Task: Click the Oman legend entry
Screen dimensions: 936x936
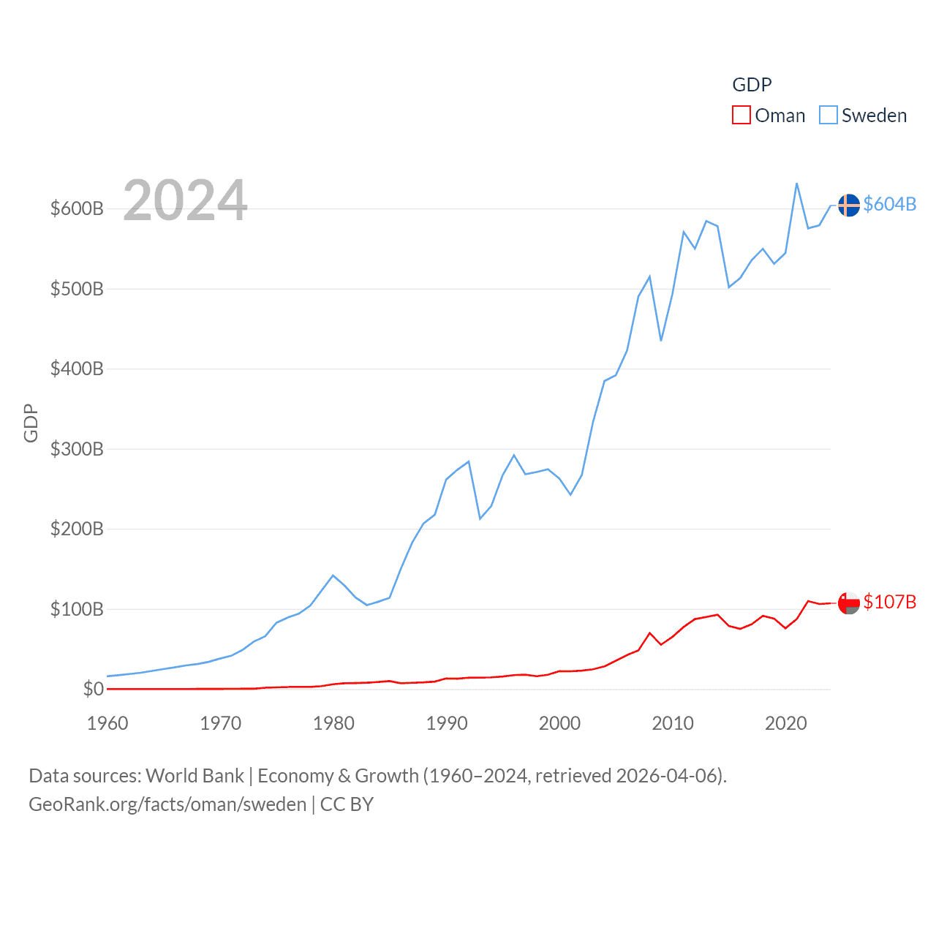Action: tap(769, 116)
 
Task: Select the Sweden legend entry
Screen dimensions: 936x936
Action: tap(863, 116)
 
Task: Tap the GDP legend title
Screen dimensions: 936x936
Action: tap(752, 85)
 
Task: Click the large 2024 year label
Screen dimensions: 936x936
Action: tap(185, 200)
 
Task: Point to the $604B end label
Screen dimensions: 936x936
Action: tap(889, 204)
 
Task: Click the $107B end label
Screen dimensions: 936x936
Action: tap(889, 602)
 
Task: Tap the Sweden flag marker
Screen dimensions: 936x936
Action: tap(848, 205)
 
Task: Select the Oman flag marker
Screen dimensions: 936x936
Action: tap(848, 603)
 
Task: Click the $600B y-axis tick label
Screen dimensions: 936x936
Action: tap(77, 209)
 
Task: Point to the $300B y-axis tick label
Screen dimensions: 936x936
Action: tap(77, 449)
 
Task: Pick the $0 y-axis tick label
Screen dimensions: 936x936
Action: tap(93, 689)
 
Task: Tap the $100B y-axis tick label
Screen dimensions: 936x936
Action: tap(77, 609)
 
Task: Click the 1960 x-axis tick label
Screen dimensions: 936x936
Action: tap(107, 723)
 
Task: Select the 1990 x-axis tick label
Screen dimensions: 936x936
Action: tap(447, 723)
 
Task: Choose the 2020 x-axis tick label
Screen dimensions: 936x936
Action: tap(785, 723)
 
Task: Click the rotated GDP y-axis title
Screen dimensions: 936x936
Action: tap(31, 423)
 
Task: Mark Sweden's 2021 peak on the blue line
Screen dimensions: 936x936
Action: tap(796, 184)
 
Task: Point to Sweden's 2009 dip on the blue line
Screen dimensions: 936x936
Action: tap(661, 340)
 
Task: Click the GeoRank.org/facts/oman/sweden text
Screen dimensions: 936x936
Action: tap(167, 804)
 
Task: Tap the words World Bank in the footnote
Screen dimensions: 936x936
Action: tap(195, 776)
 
